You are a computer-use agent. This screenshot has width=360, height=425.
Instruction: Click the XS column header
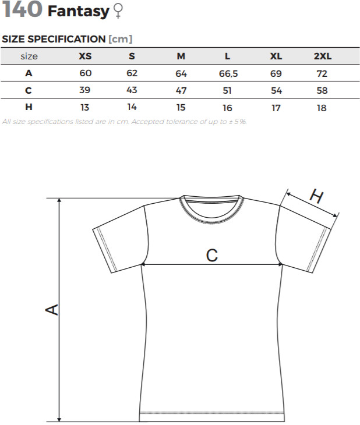(x=85, y=56)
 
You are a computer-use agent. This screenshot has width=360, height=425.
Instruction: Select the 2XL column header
(x=323, y=56)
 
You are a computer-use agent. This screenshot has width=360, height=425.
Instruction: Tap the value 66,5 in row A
(x=228, y=74)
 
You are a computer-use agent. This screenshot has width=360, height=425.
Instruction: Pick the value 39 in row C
(x=84, y=90)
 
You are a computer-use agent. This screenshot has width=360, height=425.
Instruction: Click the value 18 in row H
(x=322, y=108)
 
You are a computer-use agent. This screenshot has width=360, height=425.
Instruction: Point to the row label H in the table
(x=29, y=107)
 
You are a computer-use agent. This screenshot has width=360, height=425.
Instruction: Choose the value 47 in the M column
(x=181, y=90)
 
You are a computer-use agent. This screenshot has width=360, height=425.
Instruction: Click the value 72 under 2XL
(x=322, y=73)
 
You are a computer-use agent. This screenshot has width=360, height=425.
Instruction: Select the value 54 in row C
(x=276, y=90)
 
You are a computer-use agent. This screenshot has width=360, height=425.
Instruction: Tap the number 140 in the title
(x=22, y=9)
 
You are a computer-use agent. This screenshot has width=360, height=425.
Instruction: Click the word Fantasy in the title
(x=79, y=12)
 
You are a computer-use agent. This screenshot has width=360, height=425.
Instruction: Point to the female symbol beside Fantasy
(x=118, y=11)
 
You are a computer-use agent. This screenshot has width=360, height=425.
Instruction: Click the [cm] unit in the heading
(x=120, y=39)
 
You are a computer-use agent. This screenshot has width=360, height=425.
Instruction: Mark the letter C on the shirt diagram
(x=212, y=256)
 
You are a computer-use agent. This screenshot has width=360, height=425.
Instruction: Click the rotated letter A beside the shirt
(x=52, y=310)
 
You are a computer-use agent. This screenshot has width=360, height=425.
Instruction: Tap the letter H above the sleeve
(x=316, y=196)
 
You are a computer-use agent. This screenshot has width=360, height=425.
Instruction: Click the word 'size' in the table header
(x=29, y=56)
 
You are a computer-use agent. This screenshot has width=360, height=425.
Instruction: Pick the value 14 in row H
(x=132, y=107)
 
